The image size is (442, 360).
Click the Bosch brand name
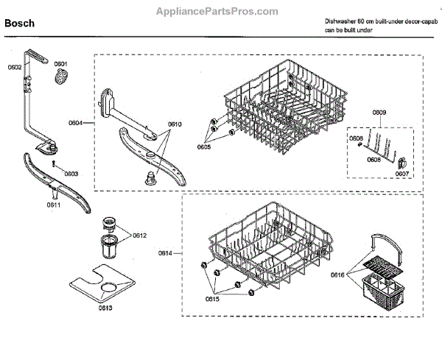click(x=20, y=24)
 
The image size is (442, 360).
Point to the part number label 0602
click(x=15, y=68)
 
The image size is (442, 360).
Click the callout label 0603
click(x=71, y=174)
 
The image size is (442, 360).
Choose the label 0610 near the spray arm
click(x=175, y=124)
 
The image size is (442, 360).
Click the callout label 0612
click(x=140, y=235)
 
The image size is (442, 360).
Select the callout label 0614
click(x=165, y=253)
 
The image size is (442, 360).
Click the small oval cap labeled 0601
click(x=60, y=77)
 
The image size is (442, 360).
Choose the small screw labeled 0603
click(x=55, y=164)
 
